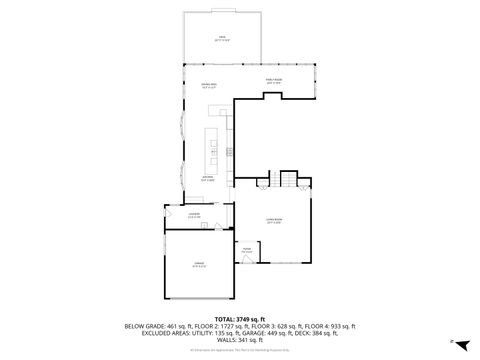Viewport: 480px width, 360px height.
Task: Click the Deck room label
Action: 221,38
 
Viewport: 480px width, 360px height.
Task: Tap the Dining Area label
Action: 210,87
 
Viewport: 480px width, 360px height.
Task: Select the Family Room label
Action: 274,81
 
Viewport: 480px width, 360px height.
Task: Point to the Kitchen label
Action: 208,180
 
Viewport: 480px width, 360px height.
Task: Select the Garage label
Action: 200,265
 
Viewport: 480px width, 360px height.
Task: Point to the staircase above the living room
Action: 288,181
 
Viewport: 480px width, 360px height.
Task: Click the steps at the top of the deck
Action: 221,11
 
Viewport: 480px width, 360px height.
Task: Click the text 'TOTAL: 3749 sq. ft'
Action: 239,318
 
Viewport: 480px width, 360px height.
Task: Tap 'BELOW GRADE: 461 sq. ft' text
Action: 157,326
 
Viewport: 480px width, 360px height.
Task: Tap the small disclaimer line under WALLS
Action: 239,349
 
